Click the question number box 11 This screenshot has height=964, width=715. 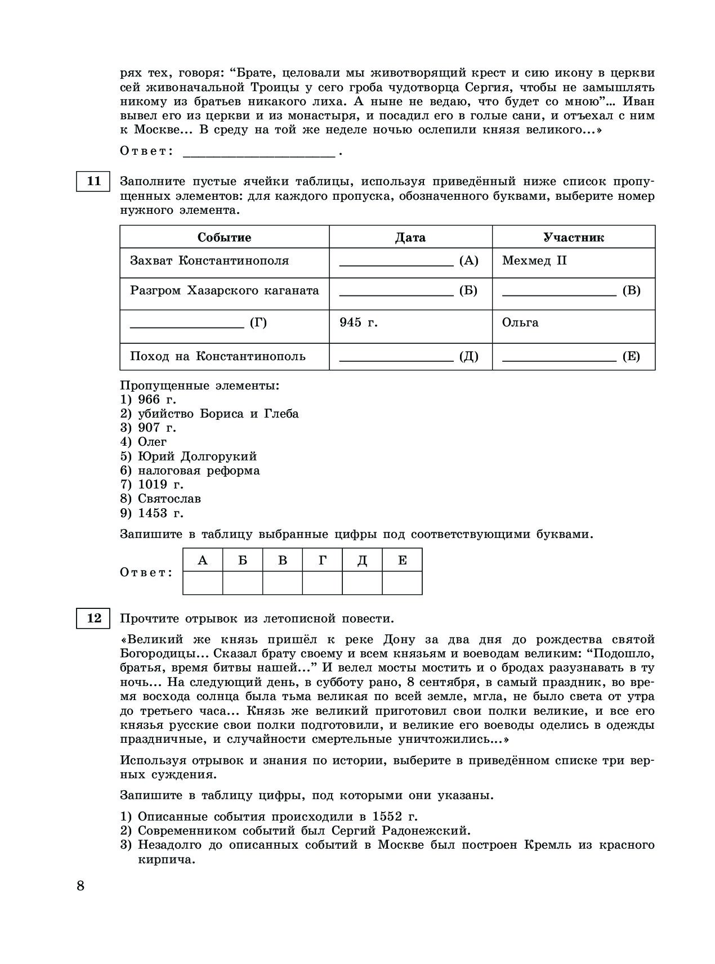coord(93,181)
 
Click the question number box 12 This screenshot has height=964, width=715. coord(93,618)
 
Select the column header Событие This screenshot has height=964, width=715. coord(224,237)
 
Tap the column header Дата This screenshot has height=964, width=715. coord(410,237)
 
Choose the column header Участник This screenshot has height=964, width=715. coord(573,237)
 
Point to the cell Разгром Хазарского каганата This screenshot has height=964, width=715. coord(224,290)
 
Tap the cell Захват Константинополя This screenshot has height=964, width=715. coord(209,261)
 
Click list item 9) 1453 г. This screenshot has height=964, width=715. coord(152,513)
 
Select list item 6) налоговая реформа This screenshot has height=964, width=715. coord(190,470)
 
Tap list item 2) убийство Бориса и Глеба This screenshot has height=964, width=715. coord(209,414)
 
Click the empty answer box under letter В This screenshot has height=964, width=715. coord(283,583)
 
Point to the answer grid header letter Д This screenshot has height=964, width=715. coord(363,561)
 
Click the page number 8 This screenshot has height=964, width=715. coord(81,886)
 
